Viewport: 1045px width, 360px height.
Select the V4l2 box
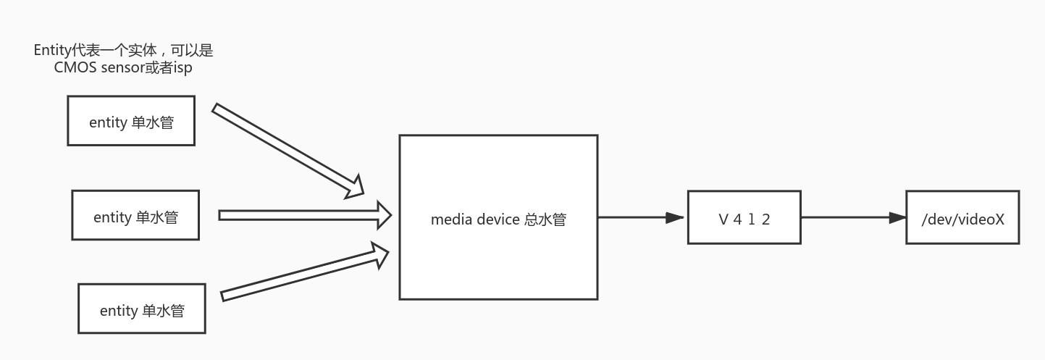coord(744,217)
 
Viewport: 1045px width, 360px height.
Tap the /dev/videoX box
coord(962,217)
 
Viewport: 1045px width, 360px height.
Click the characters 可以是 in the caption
coord(193,51)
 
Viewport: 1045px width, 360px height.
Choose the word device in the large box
coord(498,219)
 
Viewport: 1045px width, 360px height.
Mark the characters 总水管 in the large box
coord(545,219)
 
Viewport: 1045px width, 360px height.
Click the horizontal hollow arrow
coord(304,215)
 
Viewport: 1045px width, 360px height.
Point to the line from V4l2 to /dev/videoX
coord(844,217)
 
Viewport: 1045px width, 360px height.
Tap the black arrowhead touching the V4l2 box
coord(676,217)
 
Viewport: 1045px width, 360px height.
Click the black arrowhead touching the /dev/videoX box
coord(898,217)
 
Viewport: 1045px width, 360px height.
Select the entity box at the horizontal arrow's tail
coord(135,215)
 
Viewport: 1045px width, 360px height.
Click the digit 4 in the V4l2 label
coord(738,219)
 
